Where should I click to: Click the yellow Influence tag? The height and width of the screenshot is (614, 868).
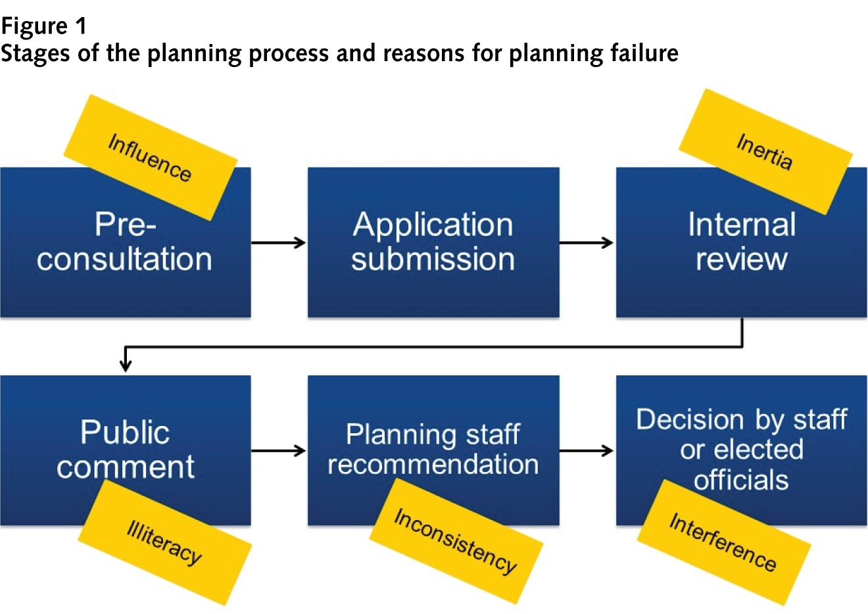coord(150,157)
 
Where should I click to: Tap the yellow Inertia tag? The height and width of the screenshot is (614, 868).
coord(765,152)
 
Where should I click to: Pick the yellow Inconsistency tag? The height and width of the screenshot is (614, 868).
coord(456,540)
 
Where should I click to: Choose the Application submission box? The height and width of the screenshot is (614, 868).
coord(433,242)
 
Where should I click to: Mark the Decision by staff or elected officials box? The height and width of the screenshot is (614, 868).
coord(741,434)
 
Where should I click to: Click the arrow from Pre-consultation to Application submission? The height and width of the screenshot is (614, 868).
coord(279,243)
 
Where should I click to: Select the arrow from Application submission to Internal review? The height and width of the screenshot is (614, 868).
coord(587,243)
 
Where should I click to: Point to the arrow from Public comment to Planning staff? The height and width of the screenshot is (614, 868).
coord(279,450)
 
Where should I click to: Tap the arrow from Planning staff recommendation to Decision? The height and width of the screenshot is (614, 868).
coord(587,450)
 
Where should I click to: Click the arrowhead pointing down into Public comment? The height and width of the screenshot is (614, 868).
coord(125,364)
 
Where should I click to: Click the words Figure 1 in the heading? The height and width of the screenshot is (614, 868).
coord(43,26)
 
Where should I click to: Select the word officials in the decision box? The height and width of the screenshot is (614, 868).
coord(741,481)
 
